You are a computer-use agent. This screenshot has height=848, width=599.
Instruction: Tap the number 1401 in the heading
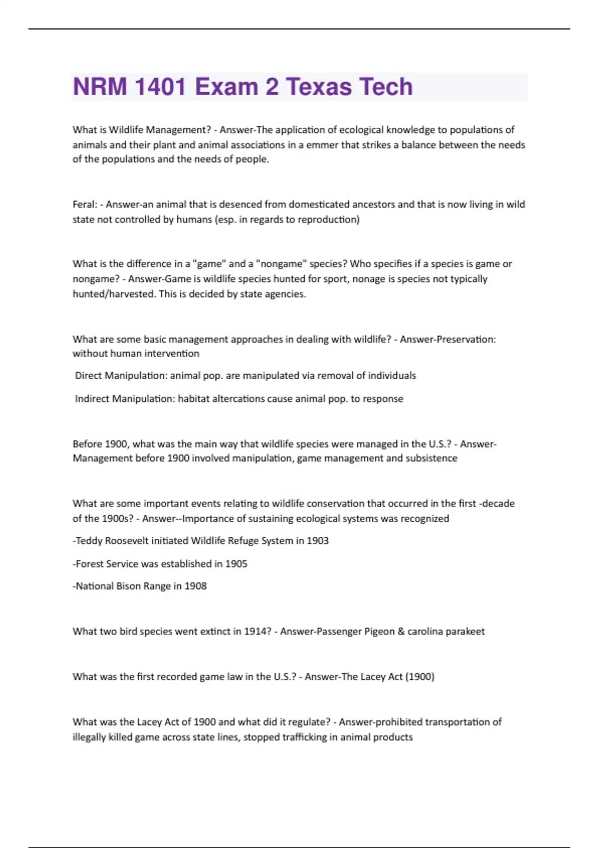160,87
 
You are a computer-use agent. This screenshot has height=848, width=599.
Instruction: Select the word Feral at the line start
84,204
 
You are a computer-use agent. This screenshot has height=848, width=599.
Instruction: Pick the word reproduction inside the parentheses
328,219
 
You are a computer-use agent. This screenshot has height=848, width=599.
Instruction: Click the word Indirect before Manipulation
92,399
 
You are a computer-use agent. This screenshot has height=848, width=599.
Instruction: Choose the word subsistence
431,458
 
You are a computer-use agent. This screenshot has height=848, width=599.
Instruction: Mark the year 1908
195,586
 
